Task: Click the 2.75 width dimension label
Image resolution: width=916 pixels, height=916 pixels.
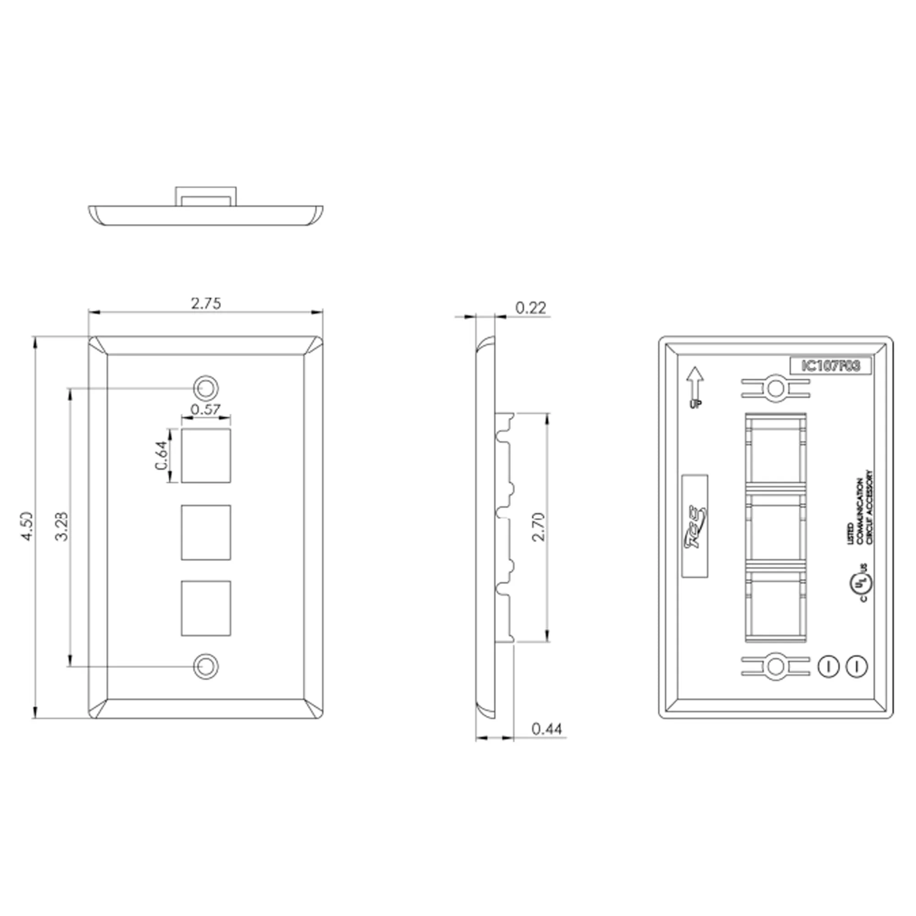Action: (206, 304)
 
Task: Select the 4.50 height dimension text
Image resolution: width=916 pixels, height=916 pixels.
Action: (27, 526)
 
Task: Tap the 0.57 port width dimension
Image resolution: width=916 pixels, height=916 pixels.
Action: (205, 409)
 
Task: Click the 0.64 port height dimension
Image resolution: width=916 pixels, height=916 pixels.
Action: (162, 456)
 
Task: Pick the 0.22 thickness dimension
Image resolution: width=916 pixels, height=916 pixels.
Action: (530, 308)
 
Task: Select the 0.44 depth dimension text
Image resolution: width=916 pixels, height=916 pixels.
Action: (547, 729)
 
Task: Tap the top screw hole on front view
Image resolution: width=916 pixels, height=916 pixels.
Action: (206, 388)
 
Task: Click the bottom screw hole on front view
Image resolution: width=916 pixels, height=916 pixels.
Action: (206, 665)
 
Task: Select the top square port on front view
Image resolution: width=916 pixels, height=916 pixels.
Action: (206, 456)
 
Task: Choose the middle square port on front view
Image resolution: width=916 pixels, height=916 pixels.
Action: (206, 532)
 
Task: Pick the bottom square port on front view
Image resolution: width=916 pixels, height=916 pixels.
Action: (206, 608)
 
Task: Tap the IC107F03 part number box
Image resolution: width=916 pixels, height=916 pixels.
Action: (831, 365)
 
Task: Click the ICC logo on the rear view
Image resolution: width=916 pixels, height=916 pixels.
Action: (695, 526)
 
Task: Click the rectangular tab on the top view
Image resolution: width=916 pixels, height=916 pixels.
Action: (205, 196)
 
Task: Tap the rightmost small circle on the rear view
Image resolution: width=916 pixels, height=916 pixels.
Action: (857, 666)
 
